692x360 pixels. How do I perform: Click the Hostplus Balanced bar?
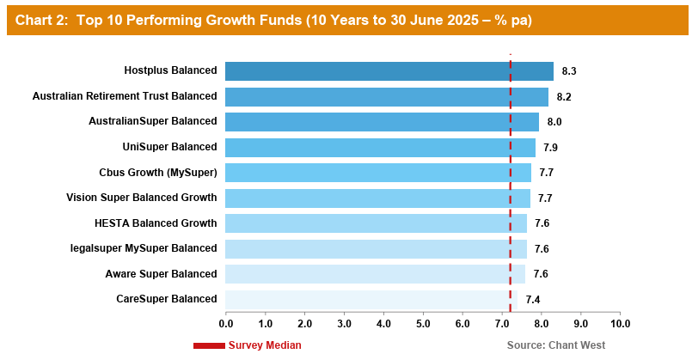click(x=389, y=71)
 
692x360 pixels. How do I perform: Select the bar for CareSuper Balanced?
click(x=371, y=300)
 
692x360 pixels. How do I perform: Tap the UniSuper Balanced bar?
click(x=380, y=148)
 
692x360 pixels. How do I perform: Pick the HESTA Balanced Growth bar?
click(x=376, y=223)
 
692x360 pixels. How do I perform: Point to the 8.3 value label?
click(x=569, y=71)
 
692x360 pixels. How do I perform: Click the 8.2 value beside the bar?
click(x=564, y=97)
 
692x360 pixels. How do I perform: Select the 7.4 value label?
click(x=533, y=300)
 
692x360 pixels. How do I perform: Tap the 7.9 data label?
click(x=550, y=148)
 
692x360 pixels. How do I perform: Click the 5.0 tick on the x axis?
click(x=423, y=324)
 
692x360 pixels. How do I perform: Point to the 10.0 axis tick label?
click(x=620, y=324)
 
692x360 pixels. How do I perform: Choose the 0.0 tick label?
click(x=226, y=324)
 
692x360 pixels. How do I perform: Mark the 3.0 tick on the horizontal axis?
click(x=344, y=324)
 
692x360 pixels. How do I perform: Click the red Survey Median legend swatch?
click(x=209, y=346)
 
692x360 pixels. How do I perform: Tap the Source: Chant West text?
click(x=556, y=345)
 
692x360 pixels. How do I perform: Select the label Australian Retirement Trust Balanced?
click(x=125, y=96)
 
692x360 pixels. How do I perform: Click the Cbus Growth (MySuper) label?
click(x=158, y=173)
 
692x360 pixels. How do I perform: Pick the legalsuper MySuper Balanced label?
click(x=144, y=248)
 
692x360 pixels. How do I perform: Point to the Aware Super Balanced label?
click(x=161, y=274)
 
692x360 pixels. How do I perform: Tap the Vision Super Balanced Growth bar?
click(x=377, y=198)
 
